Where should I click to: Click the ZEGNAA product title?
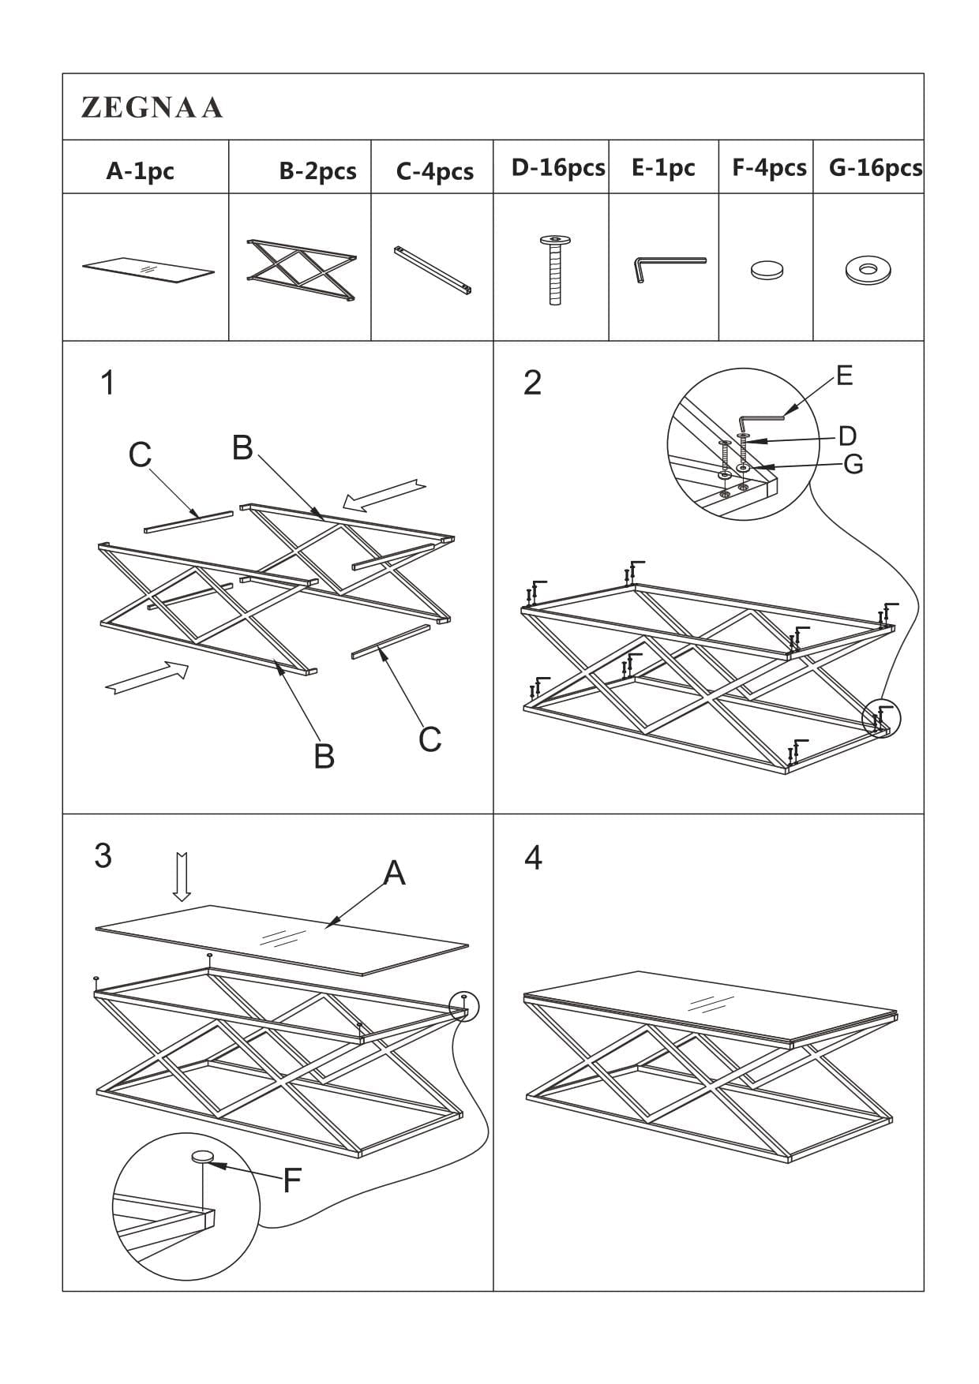click(152, 107)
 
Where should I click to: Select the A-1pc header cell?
click(140, 170)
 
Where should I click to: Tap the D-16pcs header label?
click(557, 167)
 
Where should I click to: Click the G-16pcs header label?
click(875, 167)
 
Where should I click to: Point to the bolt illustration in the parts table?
click(555, 269)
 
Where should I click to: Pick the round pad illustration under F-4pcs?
click(767, 271)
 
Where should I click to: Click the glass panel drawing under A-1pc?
click(148, 269)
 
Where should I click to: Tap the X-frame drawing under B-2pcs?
click(301, 269)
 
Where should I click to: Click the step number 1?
click(107, 383)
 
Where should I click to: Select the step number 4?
click(533, 858)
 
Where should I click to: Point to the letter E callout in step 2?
click(844, 376)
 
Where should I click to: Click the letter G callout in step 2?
click(853, 464)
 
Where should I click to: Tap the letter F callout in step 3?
click(291, 1180)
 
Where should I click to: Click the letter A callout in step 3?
click(394, 873)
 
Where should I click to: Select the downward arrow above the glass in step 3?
click(182, 876)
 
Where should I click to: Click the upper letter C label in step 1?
click(140, 454)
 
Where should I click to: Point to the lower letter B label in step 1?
click(324, 755)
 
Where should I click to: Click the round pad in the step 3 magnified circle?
click(203, 1157)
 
